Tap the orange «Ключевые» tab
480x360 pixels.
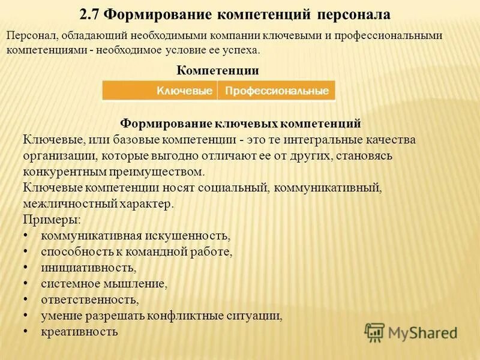point(185,91)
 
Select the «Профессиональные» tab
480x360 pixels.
point(277,91)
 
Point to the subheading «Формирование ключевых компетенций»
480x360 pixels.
point(241,124)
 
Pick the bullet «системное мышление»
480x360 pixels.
point(103,283)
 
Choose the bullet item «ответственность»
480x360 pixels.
point(89,299)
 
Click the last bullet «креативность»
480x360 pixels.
point(79,331)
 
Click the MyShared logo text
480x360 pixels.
point(422,332)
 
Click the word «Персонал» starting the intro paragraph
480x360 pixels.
point(29,36)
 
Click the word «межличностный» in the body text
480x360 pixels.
point(63,203)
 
